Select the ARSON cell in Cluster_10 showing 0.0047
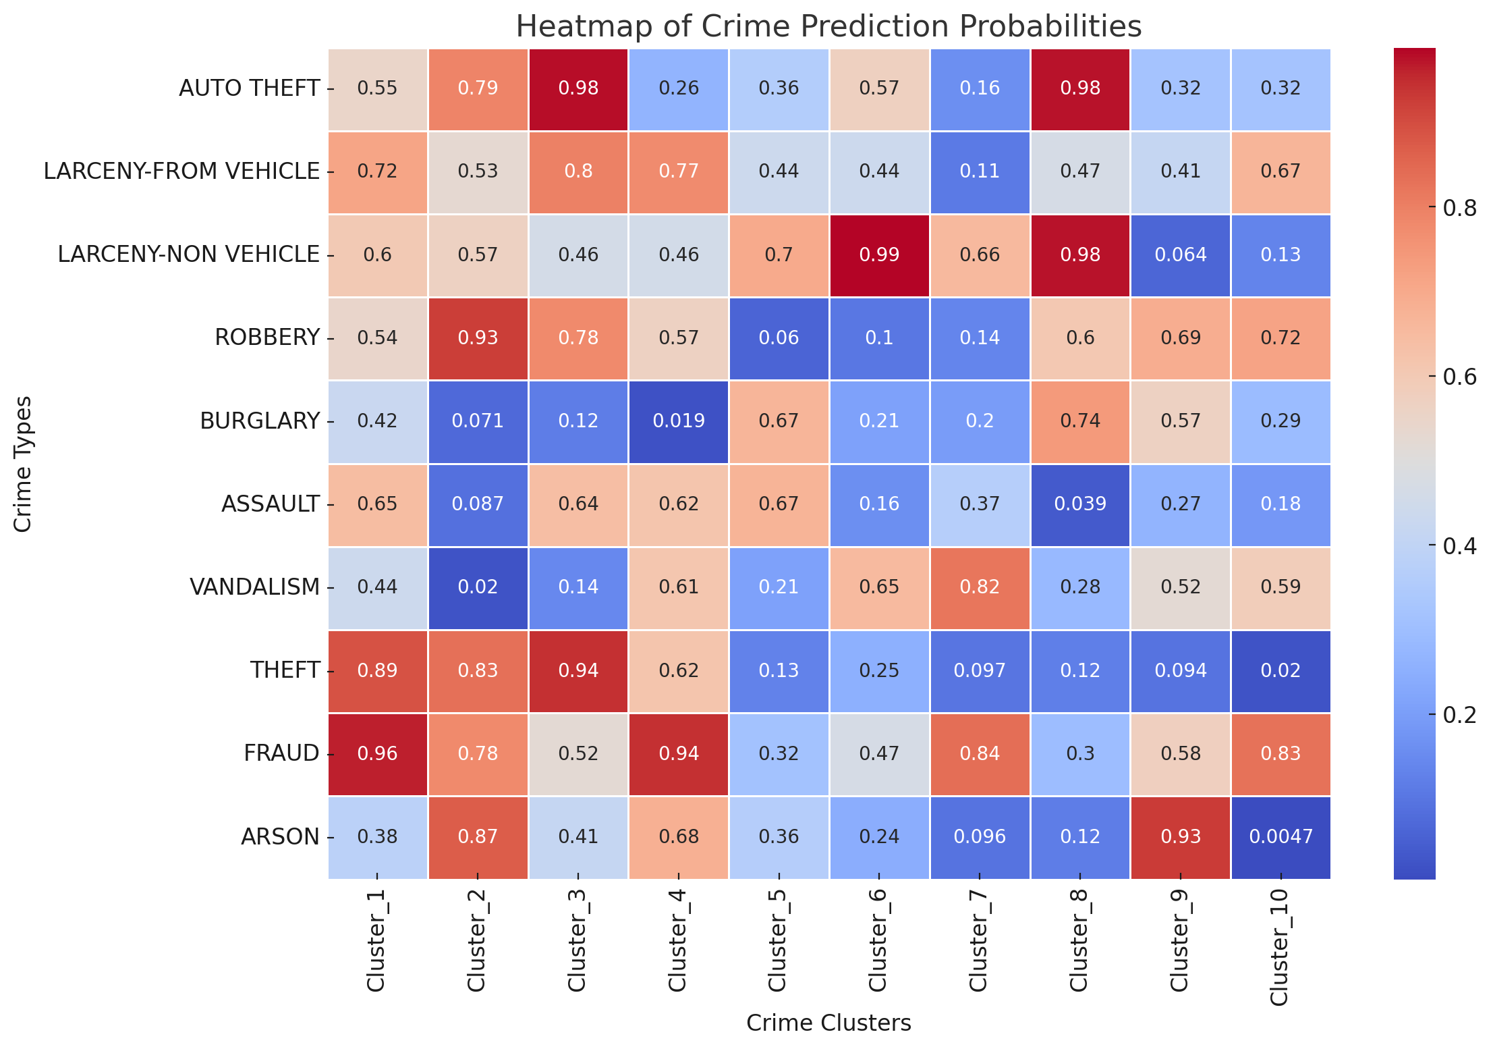click(x=1281, y=837)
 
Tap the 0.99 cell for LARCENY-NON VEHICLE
click(x=879, y=255)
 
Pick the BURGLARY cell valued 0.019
click(x=679, y=421)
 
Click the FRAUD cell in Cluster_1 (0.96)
click(x=378, y=753)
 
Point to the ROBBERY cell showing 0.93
click(x=478, y=338)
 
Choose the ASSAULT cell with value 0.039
click(x=1080, y=504)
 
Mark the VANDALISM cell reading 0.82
click(x=980, y=587)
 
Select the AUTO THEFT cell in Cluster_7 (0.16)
click(x=980, y=88)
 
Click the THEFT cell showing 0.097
click(x=980, y=670)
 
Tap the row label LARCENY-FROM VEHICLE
click(x=181, y=171)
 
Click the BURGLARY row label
click(x=260, y=421)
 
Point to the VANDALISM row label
click(x=254, y=587)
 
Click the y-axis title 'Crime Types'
click(x=23, y=464)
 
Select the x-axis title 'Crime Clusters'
click(x=828, y=1023)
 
